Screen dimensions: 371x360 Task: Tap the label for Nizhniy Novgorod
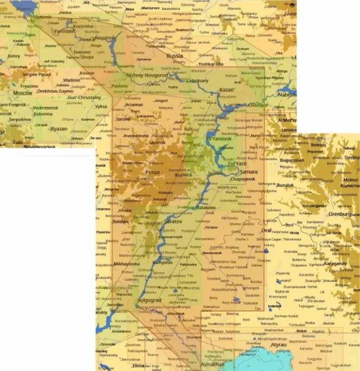click(x=147, y=75)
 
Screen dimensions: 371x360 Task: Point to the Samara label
click(x=249, y=172)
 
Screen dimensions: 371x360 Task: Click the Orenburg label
click(x=339, y=214)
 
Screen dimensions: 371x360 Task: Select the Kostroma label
click(x=84, y=26)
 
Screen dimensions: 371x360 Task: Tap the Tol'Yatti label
click(x=237, y=164)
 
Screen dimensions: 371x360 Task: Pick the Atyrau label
click(x=278, y=345)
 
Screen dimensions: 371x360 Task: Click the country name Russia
click(x=175, y=56)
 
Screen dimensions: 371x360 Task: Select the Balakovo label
click(x=206, y=208)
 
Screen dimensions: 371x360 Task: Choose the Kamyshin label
click(x=162, y=262)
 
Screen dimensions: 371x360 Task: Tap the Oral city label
click(x=266, y=230)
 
